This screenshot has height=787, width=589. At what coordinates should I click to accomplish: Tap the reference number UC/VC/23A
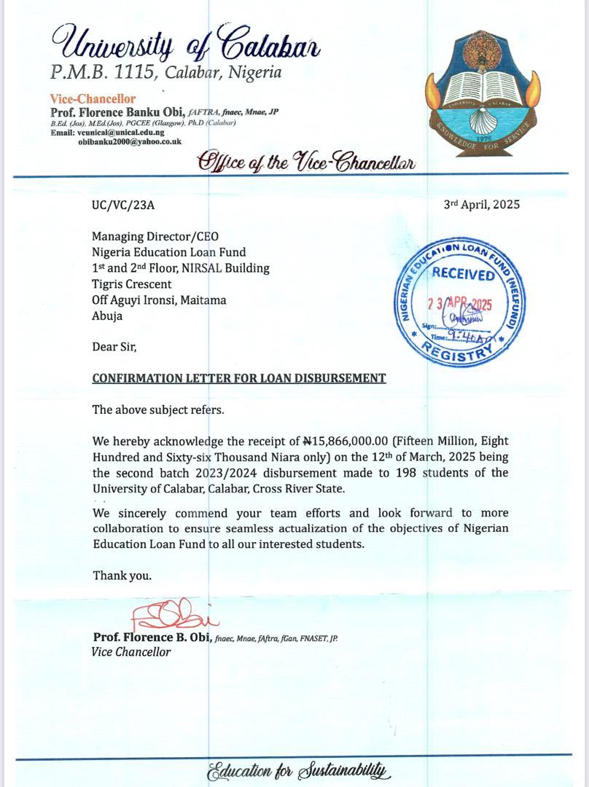(123, 205)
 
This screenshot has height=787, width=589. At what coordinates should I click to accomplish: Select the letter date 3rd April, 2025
(482, 204)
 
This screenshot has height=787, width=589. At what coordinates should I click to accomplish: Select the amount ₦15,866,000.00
(350, 441)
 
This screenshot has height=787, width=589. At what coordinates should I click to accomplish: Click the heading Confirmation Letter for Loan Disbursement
(239, 378)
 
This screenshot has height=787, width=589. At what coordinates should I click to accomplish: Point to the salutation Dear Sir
(114, 347)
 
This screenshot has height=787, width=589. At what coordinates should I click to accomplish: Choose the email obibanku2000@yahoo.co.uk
(130, 142)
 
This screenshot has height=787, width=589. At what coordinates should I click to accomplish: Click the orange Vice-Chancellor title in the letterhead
(93, 99)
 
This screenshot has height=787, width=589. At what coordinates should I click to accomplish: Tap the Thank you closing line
(122, 576)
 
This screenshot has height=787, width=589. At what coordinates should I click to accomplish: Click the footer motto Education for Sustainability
(299, 770)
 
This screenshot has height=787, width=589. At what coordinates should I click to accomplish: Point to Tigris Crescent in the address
(132, 284)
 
